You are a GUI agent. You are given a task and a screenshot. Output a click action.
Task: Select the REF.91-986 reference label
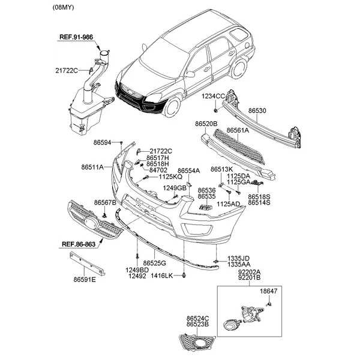pyautogui.click(x=76, y=37)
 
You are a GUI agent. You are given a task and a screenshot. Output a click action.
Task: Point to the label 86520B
pyautogui.click(x=206, y=123)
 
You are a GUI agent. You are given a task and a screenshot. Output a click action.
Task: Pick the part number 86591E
pyautogui.click(x=85, y=279)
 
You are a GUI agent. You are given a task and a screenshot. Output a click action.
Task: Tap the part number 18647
pyautogui.click(x=269, y=291)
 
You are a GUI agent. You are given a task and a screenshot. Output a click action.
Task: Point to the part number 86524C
pyautogui.click(x=197, y=319)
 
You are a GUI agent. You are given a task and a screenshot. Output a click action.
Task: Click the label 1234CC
pyautogui.click(x=212, y=96)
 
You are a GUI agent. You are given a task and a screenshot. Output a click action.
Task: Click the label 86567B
pyautogui.click(x=105, y=203)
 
